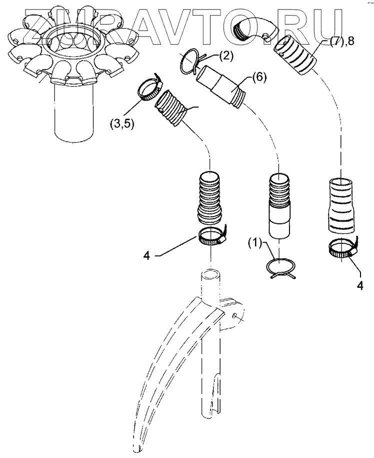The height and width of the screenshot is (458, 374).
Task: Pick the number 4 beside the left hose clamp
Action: (x=146, y=255)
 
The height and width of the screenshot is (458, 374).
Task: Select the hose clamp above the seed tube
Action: (x=211, y=235)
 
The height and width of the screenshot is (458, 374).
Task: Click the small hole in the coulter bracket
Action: (x=234, y=315)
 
